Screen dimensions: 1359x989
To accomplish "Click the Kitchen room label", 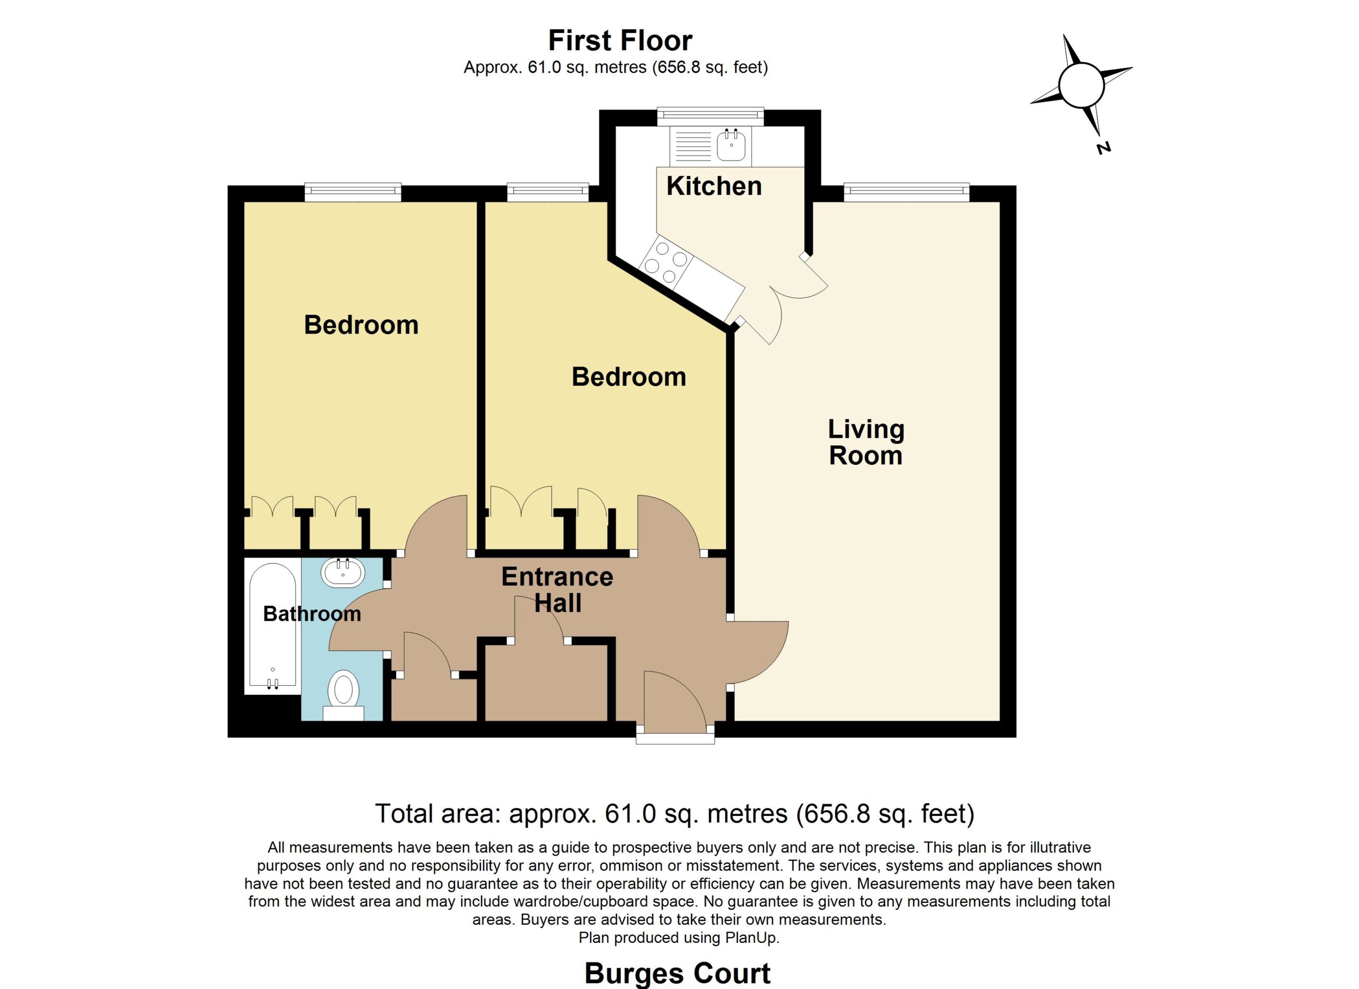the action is (x=713, y=186).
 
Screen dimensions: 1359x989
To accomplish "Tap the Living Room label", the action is (x=866, y=442).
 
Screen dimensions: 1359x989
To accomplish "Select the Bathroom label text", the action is (x=312, y=614).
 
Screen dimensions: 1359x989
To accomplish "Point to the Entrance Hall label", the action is (x=557, y=590).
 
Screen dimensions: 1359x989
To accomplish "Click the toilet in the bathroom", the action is (x=343, y=695).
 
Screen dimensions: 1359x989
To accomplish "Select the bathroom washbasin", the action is (x=343, y=573).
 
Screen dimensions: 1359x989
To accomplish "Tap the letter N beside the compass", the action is (x=1104, y=148).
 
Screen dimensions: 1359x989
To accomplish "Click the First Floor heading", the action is (x=620, y=41).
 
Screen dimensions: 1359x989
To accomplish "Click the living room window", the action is (x=907, y=192).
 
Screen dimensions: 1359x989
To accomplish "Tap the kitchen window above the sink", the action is (x=711, y=116).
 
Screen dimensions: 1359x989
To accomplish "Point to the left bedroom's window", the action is (x=352, y=192).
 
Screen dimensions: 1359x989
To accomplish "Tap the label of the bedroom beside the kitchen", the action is (x=629, y=377).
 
